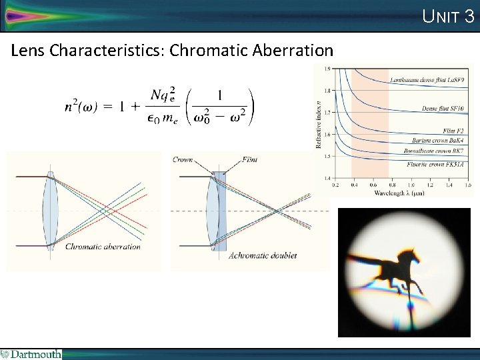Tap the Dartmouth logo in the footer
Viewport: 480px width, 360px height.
[x=31, y=354]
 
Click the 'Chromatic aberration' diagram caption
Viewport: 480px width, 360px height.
[x=103, y=247]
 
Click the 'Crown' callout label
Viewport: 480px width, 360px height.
[x=183, y=159]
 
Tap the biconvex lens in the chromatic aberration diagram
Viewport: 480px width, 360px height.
[x=50, y=210]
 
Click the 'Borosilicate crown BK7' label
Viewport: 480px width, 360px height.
[x=438, y=151]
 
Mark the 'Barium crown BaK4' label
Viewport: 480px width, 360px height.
[x=442, y=141]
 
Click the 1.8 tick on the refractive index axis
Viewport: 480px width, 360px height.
[x=327, y=90]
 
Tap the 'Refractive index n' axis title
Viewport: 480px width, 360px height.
[x=319, y=123]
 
